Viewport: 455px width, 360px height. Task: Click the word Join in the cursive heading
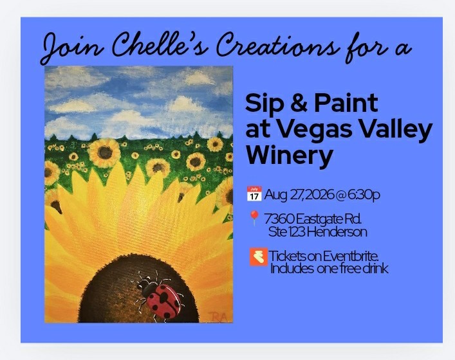tap(71, 47)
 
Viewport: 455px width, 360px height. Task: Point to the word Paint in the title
tap(346, 103)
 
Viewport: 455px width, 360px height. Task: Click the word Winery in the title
tap(290, 155)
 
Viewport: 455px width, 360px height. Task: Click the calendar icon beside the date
tap(254, 194)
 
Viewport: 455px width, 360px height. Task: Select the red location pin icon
tap(254, 219)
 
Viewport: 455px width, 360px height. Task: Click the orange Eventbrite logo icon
tap(259, 256)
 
